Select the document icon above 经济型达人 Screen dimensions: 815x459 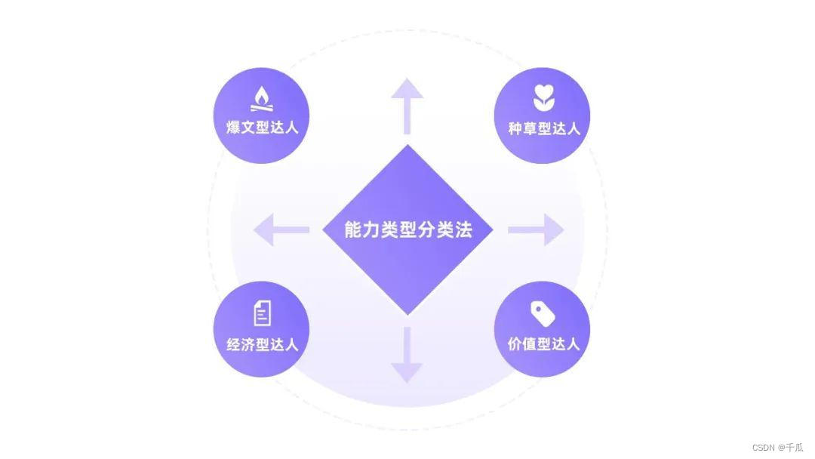(x=262, y=313)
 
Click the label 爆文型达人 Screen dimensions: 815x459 (x=262, y=127)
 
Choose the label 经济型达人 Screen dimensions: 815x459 (x=262, y=344)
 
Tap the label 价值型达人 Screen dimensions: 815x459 (x=543, y=344)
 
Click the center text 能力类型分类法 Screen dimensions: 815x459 (x=407, y=229)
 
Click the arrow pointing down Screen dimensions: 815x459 (x=407, y=355)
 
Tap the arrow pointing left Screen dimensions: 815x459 (x=280, y=229)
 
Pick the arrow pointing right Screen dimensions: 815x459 (x=537, y=229)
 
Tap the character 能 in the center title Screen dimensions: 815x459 (x=353, y=229)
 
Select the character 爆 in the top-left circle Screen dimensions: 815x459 (x=234, y=127)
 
